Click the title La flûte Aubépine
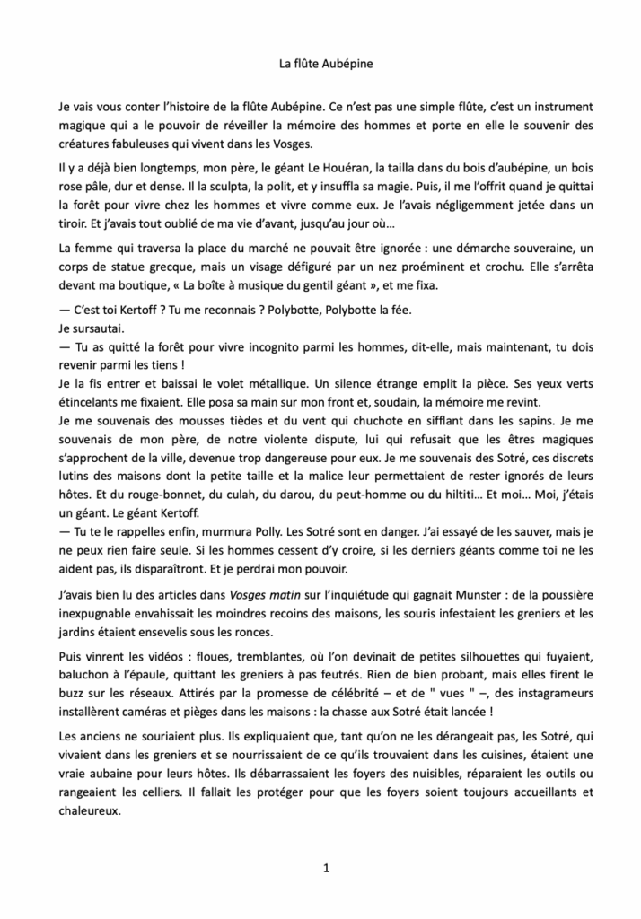[x=320, y=64]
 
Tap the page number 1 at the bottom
[x=326, y=869]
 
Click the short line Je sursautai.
[x=90, y=328]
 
